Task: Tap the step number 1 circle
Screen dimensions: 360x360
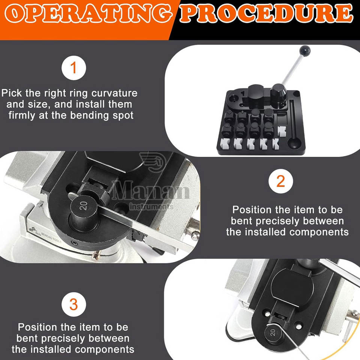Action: click(74, 68)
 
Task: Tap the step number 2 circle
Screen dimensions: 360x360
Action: click(280, 181)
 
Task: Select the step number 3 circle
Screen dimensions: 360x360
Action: click(74, 304)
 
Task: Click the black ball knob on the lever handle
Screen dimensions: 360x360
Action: click(305, 50)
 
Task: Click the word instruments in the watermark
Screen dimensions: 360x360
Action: click(151, 207)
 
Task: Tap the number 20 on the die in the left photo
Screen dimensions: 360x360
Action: click(83, 206)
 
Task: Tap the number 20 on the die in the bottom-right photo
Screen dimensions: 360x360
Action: click(273, 332)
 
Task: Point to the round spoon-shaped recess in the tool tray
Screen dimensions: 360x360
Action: click(294, 144)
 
